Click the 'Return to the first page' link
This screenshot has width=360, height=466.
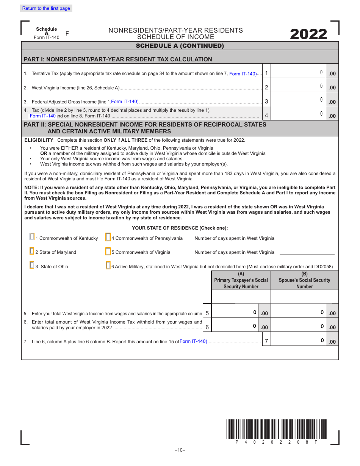tap(46, 8)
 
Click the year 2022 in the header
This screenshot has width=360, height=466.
tap(308, 34)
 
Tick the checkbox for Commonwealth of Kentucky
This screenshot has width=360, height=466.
tap(32, 237)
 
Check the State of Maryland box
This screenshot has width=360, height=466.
tap(32, 251)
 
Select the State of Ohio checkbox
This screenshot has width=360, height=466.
tap(32, 265)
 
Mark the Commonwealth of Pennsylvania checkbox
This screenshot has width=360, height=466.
tap(108, 237)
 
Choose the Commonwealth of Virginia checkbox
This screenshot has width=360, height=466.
tap(108, 251)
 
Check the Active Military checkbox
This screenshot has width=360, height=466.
tap(108, 266)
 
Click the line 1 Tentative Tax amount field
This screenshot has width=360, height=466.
tap(299, 73)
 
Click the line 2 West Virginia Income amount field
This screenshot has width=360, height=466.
tap(299, 86)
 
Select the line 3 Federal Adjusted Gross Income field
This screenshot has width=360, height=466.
tap(299, 100)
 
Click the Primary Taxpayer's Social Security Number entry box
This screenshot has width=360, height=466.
tap(241, 297)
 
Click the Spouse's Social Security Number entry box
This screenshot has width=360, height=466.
tap(305, 297)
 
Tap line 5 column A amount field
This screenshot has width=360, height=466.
tap(235, 313)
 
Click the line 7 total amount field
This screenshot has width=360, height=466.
tap(299, 341)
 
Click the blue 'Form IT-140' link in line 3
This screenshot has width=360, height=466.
tap(125, 102)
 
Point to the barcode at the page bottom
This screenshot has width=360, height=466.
tap(276, 428)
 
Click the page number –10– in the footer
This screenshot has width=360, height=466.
tap(180, 450)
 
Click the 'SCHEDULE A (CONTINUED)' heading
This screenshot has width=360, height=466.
tap(180, 46)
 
